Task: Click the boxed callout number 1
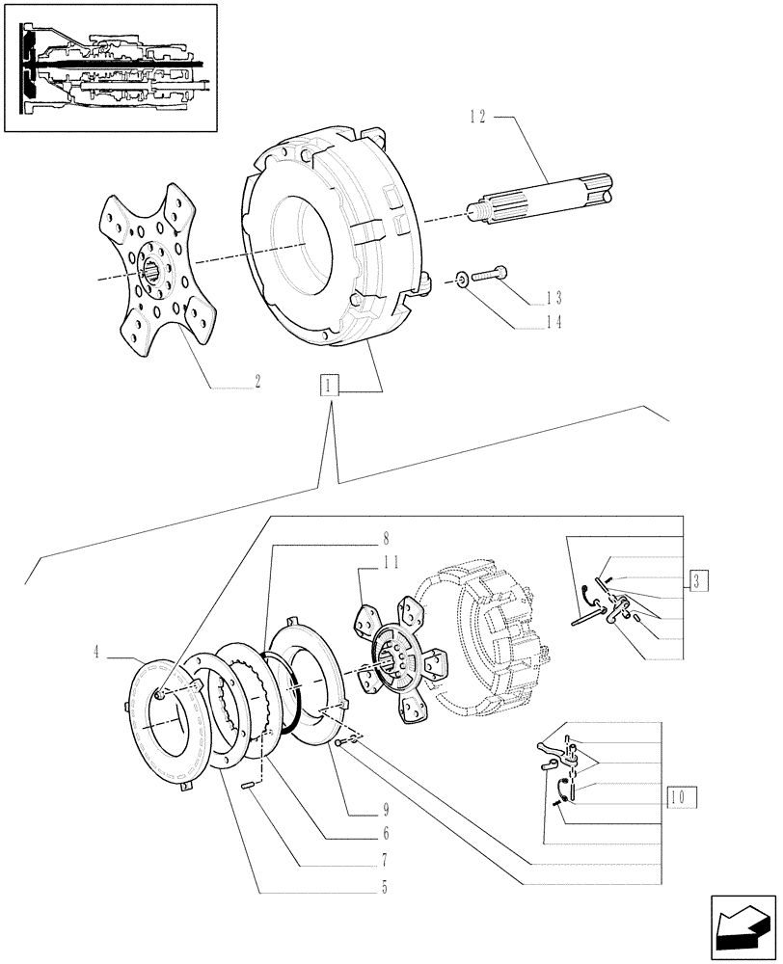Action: click(331, 387)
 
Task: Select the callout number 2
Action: click(257, 382)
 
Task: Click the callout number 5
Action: click(384, 888)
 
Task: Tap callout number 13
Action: click(554, 299)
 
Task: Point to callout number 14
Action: click(554, 325)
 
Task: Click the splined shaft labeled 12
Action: click(540, 202)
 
